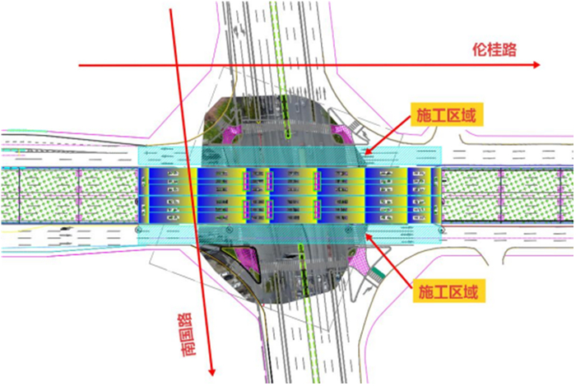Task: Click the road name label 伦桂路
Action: click(x=494, y=49)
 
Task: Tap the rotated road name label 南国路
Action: click(x=188, y=335)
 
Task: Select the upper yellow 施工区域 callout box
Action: click(x=446, y=115)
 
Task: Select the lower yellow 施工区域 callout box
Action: click(x=448, y=291)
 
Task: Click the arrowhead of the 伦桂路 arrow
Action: click(x=537, y=65)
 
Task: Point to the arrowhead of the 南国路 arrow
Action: click(x=211, y=372)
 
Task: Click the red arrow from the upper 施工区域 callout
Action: click(x=388, y=134)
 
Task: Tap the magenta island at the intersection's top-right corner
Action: click(x=341, y=133)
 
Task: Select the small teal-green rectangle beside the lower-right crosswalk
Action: click(x=377, y=273)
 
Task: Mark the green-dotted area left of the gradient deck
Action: click(x=69, y=195)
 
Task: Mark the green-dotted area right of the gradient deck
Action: click(x=508, y=195)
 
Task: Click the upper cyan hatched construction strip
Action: click(x=290, y=156)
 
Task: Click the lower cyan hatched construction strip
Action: click(x=290, y=235)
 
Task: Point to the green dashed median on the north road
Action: click(x=281, y=70)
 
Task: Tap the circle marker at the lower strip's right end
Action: click(x=443, y=230)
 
